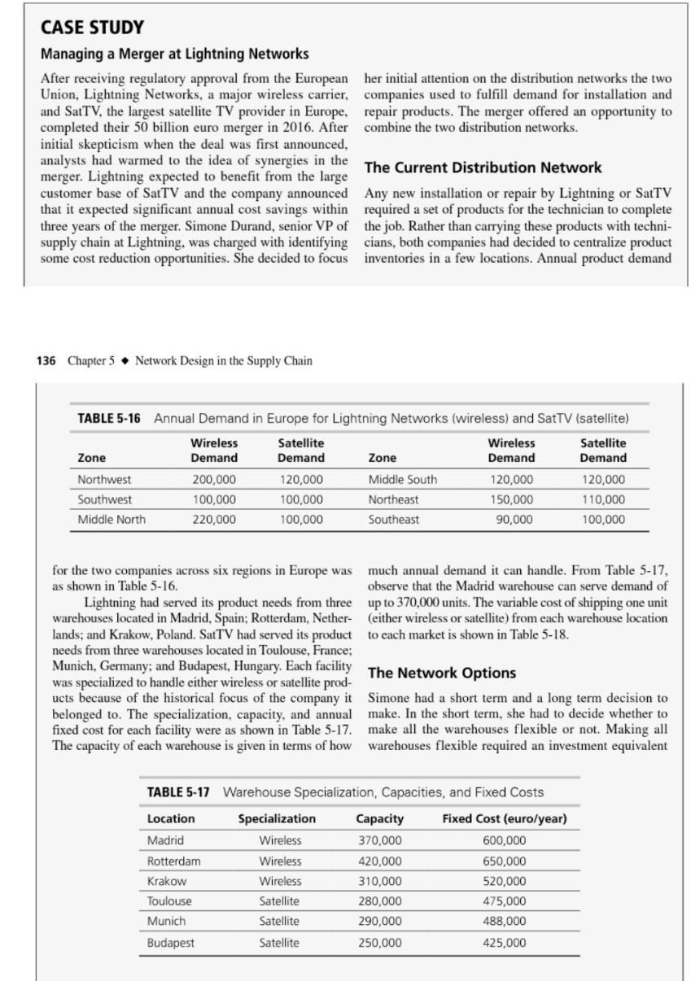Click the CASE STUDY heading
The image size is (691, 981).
click(92, 28)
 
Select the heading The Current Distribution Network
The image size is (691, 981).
click(483, 168)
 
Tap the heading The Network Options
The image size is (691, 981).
click(442, 673)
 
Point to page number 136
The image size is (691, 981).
click(46, 360)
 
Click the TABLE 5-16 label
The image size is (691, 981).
click(108, 418)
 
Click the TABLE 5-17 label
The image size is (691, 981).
click(177, 792)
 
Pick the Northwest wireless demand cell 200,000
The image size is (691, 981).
click(214, 480)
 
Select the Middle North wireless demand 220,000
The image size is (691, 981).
click(214, 519)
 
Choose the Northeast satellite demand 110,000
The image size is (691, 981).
click(603, 499)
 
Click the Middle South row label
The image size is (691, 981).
click(402, 480)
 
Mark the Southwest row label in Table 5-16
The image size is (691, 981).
click(104, 499)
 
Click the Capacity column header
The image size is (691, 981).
click(380, 818)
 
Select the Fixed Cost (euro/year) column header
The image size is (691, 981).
click(505, 818)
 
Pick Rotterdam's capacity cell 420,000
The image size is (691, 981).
click(380, 861)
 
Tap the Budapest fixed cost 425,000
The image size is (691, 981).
click(505, 943)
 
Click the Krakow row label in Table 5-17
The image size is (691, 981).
click(166, 881)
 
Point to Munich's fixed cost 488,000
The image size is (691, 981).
click(505, 922)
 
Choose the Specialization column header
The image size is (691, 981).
click(277, 818)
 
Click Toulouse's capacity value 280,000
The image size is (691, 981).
click(380, 901)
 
